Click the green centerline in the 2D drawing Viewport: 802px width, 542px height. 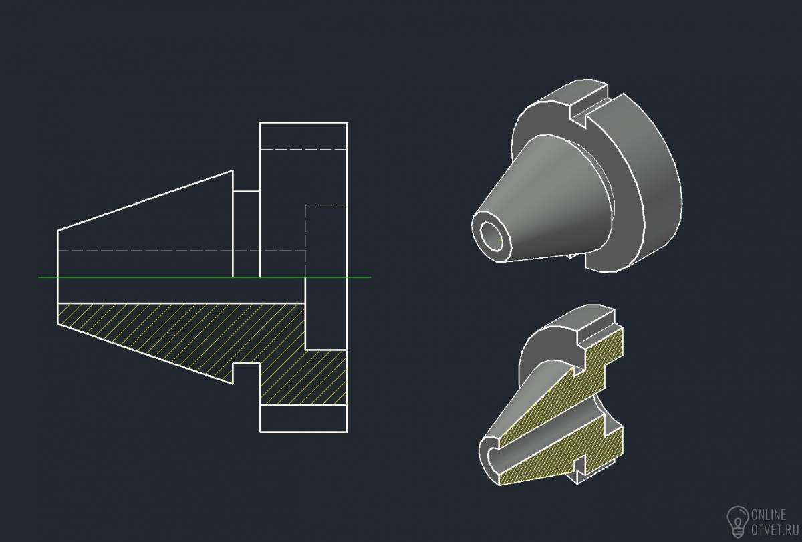205,277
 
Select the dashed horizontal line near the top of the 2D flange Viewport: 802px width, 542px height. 303,149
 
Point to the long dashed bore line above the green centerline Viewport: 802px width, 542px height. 181,251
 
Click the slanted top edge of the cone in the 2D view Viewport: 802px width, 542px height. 145,200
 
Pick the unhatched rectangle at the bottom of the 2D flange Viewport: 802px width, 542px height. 303,418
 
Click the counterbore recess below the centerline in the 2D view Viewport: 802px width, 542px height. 326,313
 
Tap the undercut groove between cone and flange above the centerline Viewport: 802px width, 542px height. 247,234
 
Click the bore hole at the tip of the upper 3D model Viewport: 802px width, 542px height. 491,237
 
